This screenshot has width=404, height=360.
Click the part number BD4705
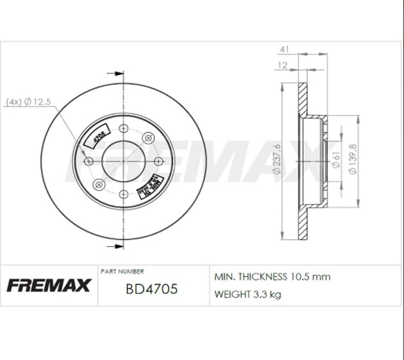[x=152, y=289]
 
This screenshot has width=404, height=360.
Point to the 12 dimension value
[x=283, y=65]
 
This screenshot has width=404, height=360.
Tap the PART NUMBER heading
[x=122, y=271]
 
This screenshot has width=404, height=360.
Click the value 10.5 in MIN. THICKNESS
[x=300, y=277]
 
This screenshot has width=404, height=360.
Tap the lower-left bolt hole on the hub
[x=99, y=185]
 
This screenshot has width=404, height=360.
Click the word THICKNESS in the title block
[x=261, y=277]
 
